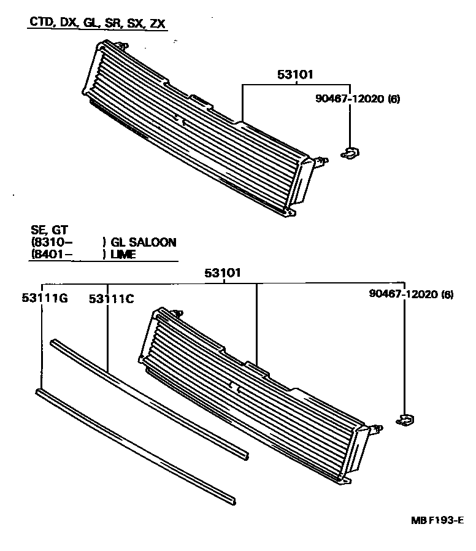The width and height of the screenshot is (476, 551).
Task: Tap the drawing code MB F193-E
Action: click(x=437, y=520)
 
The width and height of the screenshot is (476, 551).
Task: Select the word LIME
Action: click(x=123, y=254)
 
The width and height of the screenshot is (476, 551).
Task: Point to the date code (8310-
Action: click(x=52, y=242)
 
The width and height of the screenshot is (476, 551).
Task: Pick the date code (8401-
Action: click(x=52, y=254)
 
